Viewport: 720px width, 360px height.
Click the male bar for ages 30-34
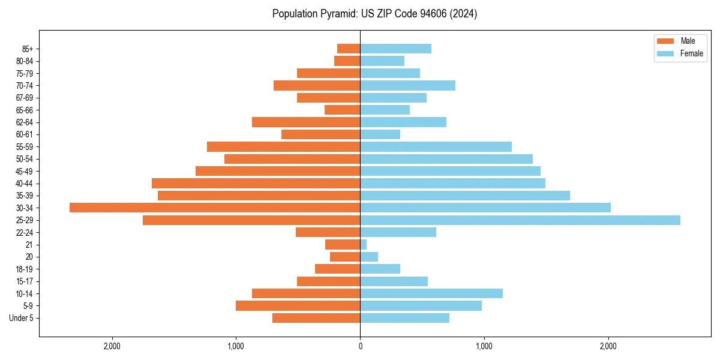click(x=215, y=208)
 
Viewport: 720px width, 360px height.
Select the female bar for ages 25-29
click(x=520, y=220)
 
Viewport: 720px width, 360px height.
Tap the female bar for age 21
click(x=364, y=244)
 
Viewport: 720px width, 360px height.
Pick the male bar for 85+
click(x=349, y=49)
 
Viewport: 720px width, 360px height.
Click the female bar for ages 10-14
click(x=431, y=293)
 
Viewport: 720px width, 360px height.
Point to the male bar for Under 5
click(x=316, y=318)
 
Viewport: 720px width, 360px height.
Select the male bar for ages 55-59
click(x=283, y=146)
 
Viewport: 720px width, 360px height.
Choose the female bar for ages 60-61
click(x=380, y=134)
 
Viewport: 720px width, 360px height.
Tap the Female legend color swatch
click(x=665, y=53)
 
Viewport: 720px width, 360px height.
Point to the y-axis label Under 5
click(x=21, y=318)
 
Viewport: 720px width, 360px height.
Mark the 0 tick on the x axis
click(x=360, y=346)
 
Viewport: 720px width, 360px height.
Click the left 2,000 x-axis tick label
click(x=112, y=346)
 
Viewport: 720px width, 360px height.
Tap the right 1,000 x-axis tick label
click(x=484, y=346)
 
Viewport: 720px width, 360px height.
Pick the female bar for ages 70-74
click(x=407, y=85)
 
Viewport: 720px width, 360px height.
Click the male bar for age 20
click(x=345, y=257)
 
